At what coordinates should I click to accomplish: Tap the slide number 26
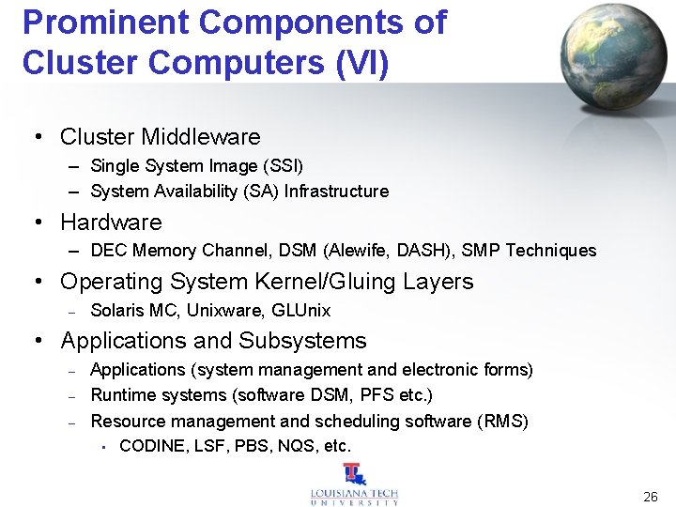[x=650, y=495]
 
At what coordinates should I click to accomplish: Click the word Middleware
[x=200, y=137]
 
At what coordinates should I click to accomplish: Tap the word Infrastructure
[x=336, y=192]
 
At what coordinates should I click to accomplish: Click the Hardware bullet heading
[x=111, y=223]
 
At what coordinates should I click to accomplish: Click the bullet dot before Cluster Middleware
[x=38, y=138]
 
